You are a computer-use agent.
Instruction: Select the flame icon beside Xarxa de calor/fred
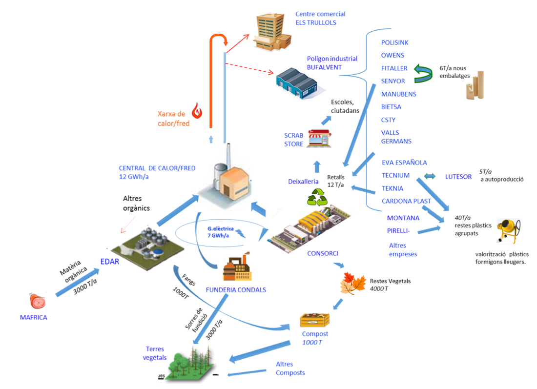[x=196, y=111]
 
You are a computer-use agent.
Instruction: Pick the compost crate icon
[x=314, y=319]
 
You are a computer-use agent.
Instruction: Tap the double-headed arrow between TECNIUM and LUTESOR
[x=430, y=176]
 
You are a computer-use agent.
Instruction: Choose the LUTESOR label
[x=458, y=177]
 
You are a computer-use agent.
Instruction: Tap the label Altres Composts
[x=290, y=369]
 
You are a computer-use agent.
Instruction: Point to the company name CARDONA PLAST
[x=406, y=201]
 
